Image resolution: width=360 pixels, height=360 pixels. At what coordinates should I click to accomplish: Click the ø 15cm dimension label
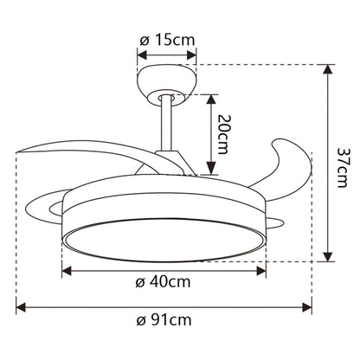click(x=166, y=40)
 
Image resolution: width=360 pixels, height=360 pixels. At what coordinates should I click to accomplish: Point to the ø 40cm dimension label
click(x=164, y=283)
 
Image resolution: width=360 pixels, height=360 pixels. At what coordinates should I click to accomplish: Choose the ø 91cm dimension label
click(x=164, y=322)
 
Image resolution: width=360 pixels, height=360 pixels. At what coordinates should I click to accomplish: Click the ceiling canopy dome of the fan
click(x=166, y=80)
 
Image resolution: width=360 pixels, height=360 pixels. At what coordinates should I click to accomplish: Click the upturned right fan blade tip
click(x=294, y=161)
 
